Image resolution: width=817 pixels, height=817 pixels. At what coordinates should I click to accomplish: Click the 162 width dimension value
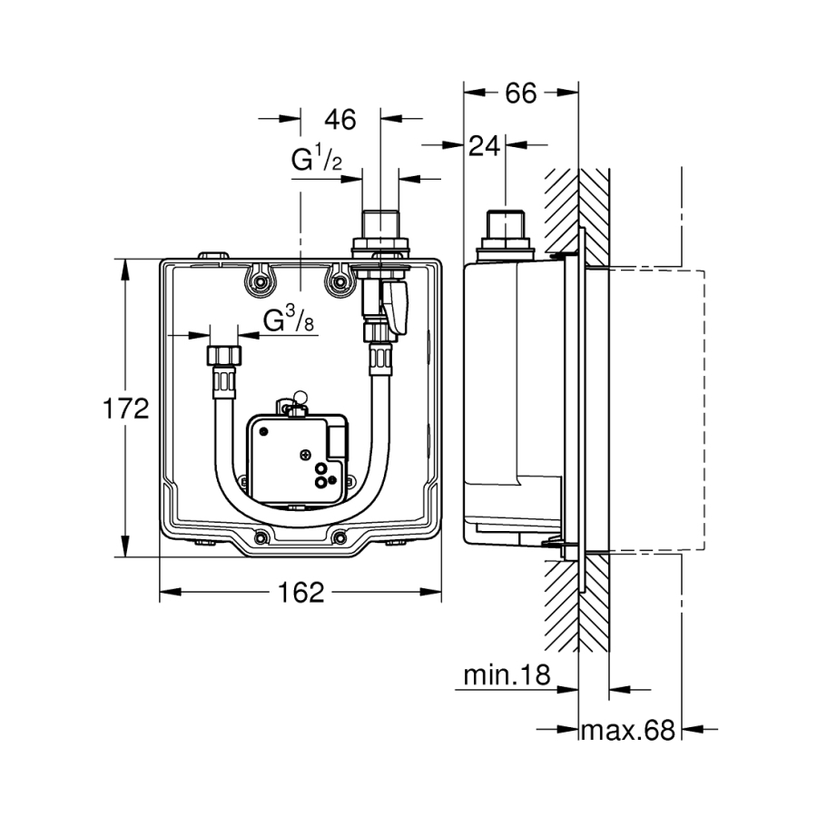pyautogui.click(x=300, y=593)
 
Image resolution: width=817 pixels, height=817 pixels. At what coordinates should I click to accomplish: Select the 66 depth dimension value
pyautogui.click(x=520, y=92)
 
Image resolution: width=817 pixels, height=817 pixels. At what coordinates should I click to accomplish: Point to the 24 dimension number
pyautogui.click(x=486, y=144)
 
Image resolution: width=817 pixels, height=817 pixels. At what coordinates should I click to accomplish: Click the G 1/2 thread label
pyautogui.click(x=316, y=161)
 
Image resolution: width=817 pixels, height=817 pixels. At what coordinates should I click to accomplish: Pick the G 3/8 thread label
pyautogui.click(x=290, y=320)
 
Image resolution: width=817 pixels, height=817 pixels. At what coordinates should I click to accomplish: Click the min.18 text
pyautogui.click(x=507, y=674)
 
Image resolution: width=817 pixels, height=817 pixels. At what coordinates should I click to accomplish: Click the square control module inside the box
pyautogui.click(x=295, y=454)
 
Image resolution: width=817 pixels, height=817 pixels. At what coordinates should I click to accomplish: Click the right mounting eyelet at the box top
pyautogui.click(x=340, y=281)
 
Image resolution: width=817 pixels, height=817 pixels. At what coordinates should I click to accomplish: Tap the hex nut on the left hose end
pyautogui.click(x=222, y=354)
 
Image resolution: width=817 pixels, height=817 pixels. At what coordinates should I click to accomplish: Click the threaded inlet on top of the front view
pyautogui.click(x=381, y=225)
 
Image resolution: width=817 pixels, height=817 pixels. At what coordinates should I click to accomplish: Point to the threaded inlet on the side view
pyautogui.click(x=501, y=225)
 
